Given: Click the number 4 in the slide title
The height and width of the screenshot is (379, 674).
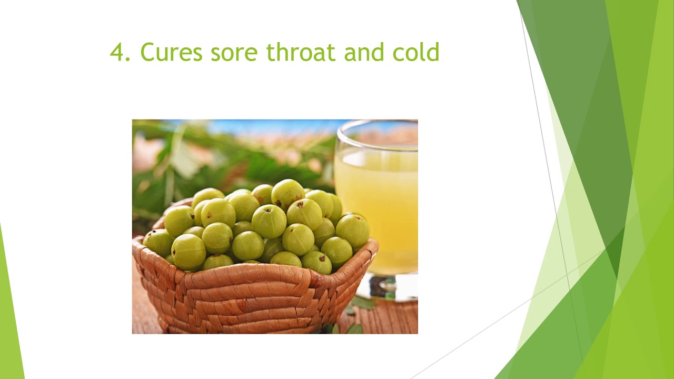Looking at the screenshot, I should click(117, 53).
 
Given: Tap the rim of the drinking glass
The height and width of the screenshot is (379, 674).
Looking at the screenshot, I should click(376, 124).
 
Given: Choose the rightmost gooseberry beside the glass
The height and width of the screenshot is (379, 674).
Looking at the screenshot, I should click(352, 230).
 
